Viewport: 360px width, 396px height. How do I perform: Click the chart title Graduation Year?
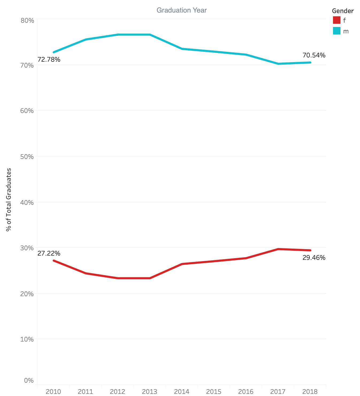(181, 10)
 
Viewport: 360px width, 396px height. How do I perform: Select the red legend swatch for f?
(336, 20)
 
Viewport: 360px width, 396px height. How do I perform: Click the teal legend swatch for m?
(336, 31)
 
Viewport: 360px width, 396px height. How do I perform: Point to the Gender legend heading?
(343, 11)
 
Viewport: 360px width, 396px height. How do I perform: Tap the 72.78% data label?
(49, 60)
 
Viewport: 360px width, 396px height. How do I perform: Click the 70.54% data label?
(314, 55)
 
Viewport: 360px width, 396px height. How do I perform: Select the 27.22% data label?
(49, 253)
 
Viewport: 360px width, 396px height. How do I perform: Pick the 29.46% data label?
(314, 258)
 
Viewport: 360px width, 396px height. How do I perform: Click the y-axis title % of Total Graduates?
(9, 199)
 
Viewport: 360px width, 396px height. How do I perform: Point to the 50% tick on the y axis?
(27, 156)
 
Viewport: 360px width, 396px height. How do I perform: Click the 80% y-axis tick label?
(27, 21)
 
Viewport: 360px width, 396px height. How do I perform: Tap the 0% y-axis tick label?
(29, 380)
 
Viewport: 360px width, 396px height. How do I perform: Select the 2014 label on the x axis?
(181, 391)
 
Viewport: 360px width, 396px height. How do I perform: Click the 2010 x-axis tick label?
(53, 391)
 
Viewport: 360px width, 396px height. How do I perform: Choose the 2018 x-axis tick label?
(310, 391)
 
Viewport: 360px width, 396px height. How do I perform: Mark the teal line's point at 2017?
(278, 64)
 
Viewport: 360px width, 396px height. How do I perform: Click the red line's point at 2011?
(86, 273)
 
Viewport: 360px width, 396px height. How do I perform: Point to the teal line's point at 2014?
(182, 49)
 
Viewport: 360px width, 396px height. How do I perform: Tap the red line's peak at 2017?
(278, 249)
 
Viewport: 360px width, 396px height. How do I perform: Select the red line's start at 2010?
(54, 260)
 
